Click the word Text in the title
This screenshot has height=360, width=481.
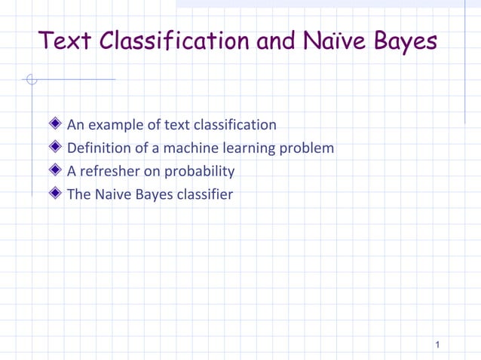66,41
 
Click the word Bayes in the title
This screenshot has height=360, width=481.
405,41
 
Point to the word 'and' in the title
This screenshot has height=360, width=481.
275,41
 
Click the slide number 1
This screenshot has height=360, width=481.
437,345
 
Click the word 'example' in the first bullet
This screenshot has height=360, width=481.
116,125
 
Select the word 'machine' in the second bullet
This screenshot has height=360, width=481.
188,148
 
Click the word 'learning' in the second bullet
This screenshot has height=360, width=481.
247,148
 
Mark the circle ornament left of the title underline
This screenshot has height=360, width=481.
31,79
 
